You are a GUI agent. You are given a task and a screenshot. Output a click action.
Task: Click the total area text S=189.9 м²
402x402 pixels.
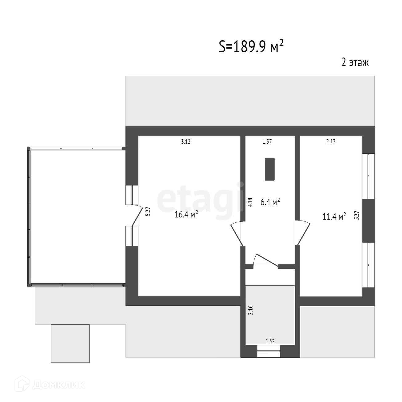[x=251, y=47]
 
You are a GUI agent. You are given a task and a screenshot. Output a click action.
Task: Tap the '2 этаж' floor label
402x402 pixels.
[x=355, y=63]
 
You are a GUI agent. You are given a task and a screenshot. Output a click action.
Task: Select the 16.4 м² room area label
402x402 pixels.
[x=186, y=214]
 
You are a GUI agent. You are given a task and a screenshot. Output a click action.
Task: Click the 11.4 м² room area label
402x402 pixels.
[x=334, y=217]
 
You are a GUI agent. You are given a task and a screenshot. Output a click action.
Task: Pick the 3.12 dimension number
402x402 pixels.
[x=186, y=142]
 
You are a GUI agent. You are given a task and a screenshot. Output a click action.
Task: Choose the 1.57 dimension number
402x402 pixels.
[x=267, y=142]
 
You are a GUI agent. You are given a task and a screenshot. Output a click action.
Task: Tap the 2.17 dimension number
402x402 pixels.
[x=331, y=142]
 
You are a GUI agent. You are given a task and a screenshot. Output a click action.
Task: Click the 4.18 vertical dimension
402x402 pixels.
[x=250, y=202]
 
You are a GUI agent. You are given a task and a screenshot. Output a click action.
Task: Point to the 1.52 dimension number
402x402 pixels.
[x=270, y=341]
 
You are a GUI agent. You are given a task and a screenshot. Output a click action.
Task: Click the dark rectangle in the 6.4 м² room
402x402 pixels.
[x=269, y=169]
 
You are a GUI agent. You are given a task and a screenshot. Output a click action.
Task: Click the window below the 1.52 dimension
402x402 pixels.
[x=269, y=351]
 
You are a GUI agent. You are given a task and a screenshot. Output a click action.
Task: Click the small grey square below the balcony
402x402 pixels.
[x=70, y=343]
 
